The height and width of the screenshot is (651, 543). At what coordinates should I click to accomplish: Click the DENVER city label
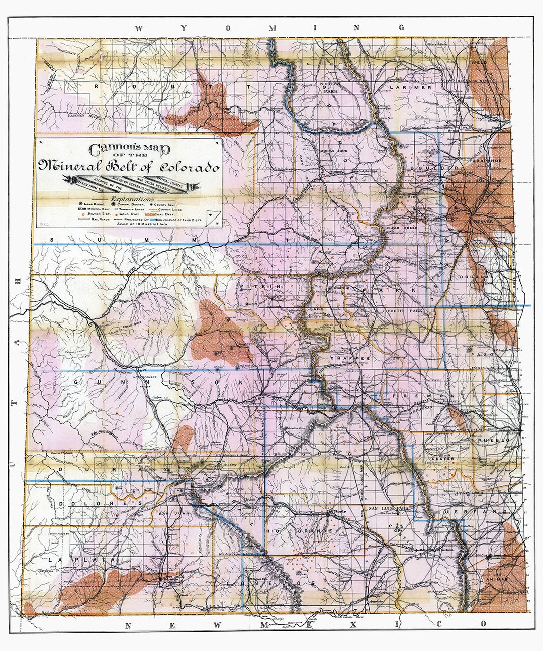coord(481,222)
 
